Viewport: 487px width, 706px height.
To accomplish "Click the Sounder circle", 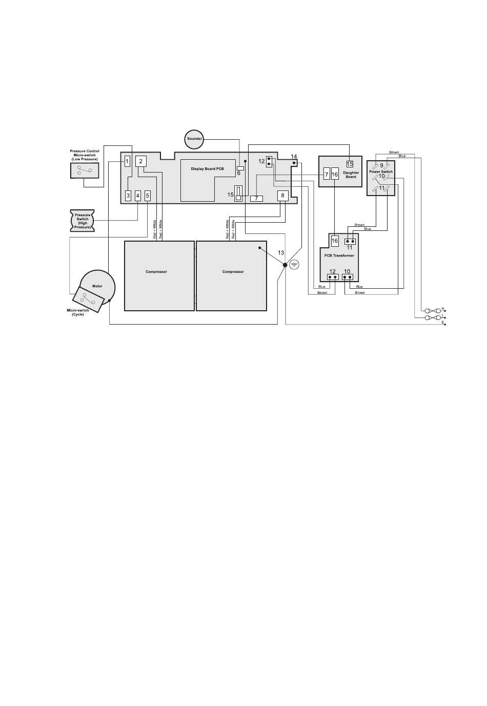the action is point(194,139).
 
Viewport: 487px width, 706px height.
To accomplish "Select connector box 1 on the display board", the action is point(127,162).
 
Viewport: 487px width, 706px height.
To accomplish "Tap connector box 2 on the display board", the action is point(141,161).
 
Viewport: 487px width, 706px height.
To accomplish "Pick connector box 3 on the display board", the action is point(128,196).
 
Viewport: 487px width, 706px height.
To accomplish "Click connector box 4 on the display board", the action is point(137,196).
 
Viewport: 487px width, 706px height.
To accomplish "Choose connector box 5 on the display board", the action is point(148,196).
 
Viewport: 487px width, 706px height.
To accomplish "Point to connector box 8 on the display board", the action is point(282,196).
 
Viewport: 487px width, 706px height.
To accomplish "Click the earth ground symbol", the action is point(294,265).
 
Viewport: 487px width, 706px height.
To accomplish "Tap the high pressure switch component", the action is point(83,221).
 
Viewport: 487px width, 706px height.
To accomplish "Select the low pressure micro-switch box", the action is point(85,170).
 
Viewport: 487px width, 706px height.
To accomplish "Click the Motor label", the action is point(97,286).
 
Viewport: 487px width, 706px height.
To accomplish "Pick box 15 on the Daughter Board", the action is point(350,164).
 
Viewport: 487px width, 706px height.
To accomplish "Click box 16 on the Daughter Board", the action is point(335,175).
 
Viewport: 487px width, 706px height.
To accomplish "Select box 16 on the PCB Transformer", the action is point(335,241).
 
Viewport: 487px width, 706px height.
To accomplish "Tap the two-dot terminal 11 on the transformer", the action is point(350,242).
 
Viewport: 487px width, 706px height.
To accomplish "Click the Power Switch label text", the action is point(381,172).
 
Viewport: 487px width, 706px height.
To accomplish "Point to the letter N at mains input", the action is point(442,308).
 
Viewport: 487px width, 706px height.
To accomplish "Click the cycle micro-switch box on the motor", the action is point(88,299).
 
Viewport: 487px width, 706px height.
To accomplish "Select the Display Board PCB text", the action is point(207,169).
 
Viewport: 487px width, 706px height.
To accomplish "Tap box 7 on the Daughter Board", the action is point(327,175).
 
